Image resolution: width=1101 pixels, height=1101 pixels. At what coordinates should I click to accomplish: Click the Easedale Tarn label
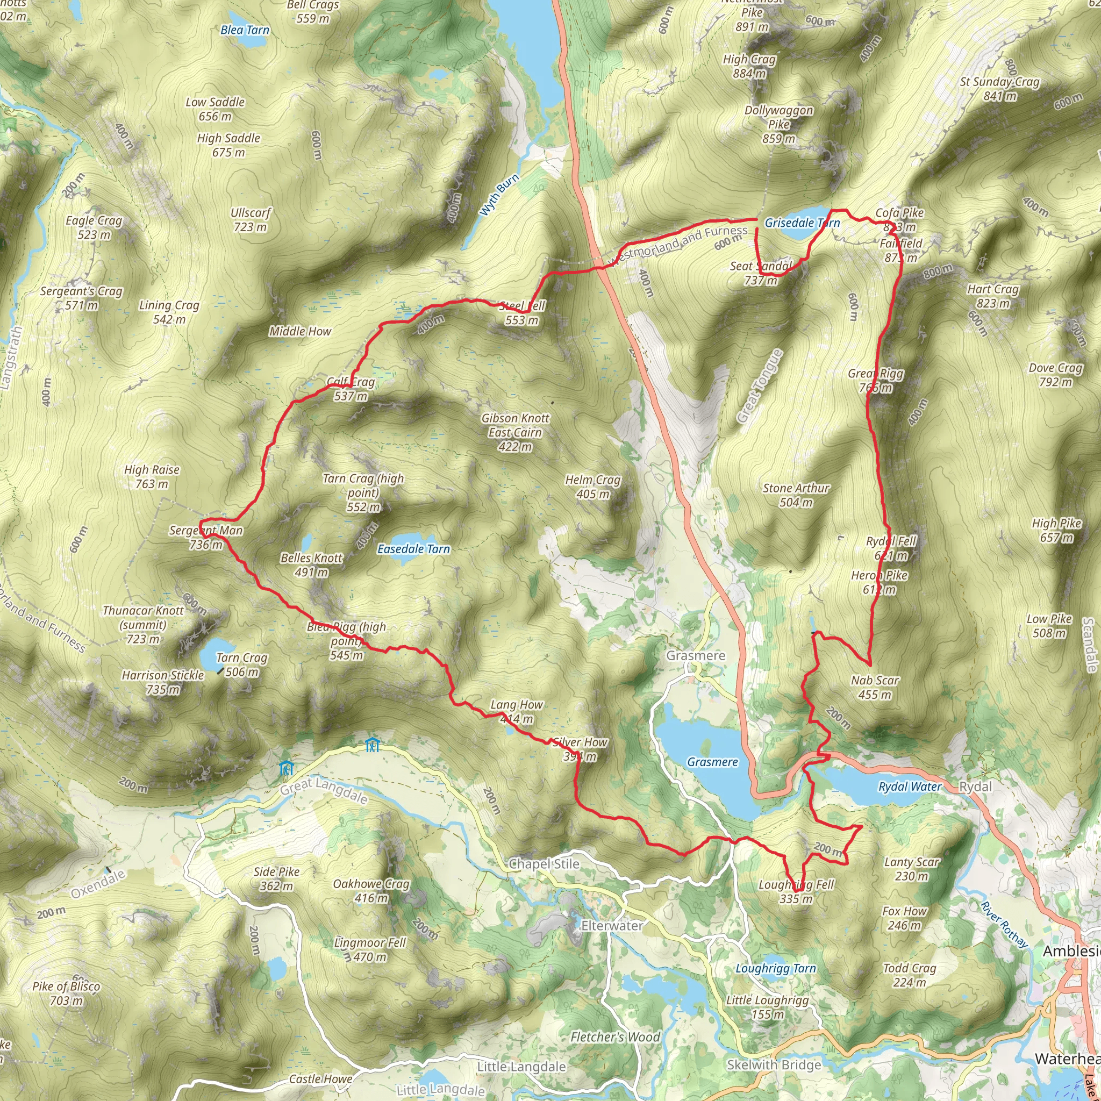coord(414,549)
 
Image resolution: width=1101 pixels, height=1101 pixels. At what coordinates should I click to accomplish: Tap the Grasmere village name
coord(696,655)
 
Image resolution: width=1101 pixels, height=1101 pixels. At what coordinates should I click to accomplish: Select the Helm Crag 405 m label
coord(592,487)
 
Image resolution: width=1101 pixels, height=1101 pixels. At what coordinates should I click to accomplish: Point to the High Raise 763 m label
coord(152,477)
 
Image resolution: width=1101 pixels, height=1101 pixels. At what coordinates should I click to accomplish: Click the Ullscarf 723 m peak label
coord(250,220)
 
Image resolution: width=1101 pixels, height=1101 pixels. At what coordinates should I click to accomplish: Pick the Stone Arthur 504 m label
coord(796,495)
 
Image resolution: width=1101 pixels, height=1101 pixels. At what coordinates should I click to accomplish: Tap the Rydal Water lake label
coord(910,787)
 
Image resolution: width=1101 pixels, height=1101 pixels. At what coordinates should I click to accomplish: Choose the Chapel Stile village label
coord(544,864)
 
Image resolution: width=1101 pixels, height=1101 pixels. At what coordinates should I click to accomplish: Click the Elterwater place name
coord(611,926)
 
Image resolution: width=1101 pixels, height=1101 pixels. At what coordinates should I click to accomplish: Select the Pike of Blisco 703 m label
coord(66,993)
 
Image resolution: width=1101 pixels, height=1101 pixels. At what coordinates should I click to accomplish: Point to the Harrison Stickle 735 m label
coord(162,682)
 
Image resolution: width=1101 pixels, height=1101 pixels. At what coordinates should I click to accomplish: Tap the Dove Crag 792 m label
coord(1055,375)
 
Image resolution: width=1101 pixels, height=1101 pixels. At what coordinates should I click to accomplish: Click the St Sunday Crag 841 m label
coord(999,89)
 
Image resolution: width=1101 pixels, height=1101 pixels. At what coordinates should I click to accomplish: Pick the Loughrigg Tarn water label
coord(776,968)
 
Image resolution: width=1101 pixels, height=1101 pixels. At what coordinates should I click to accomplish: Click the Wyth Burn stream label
coord(499,196)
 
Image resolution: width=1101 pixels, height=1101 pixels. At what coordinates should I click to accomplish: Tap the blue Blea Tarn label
coord(245,30)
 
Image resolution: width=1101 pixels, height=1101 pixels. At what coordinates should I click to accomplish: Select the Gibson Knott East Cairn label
coord(515,433)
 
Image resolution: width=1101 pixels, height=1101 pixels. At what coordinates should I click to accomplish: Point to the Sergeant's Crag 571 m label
coord(81,298)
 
